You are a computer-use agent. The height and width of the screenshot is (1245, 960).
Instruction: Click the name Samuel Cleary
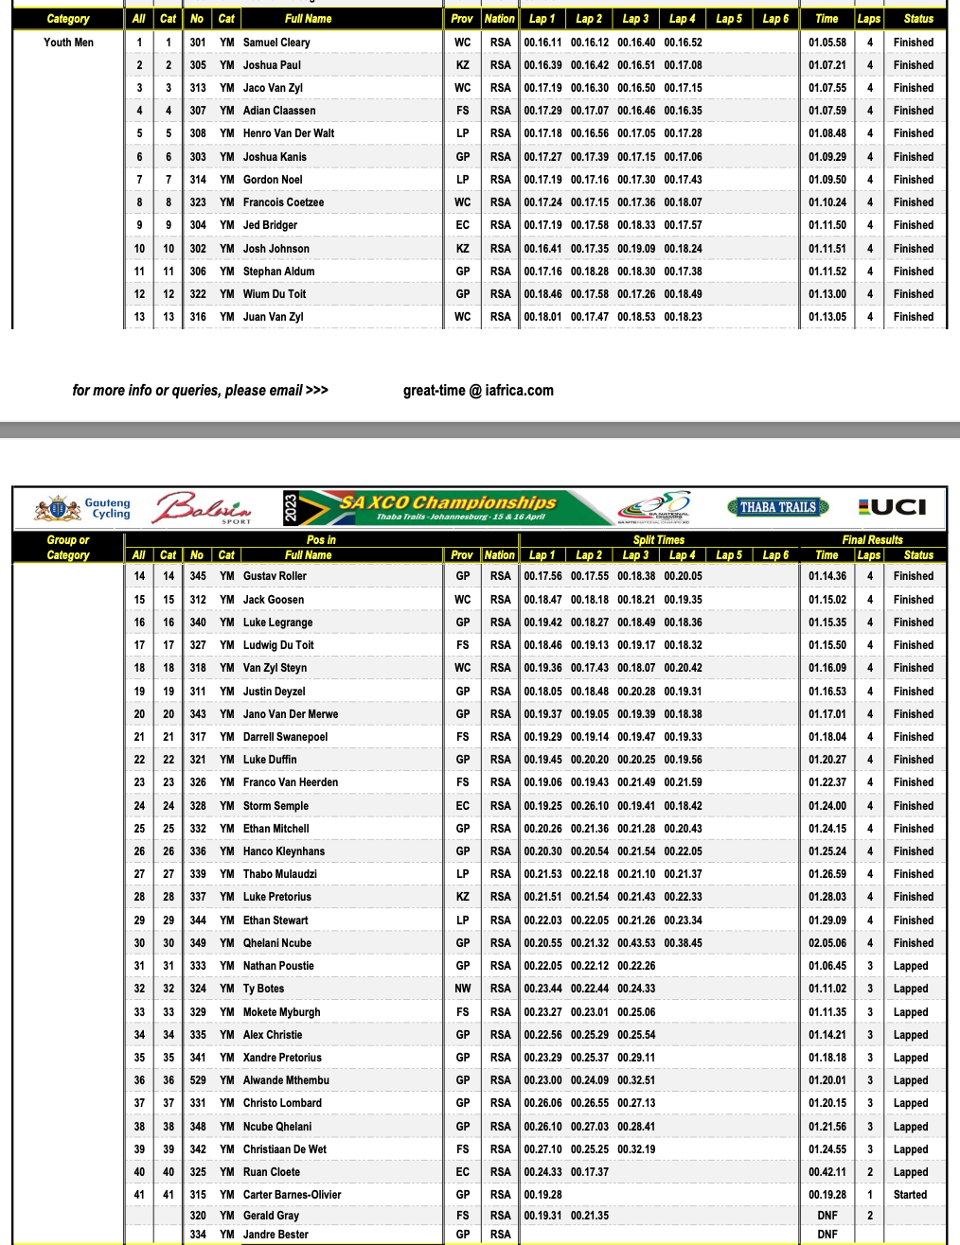[x=276, y=43]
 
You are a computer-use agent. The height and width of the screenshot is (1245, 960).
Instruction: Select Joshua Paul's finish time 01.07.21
[x=827, y=65]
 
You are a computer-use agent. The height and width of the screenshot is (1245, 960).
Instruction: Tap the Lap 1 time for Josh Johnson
[x=542, y=249]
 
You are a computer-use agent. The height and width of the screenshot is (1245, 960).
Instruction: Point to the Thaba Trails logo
[x=778, y=507]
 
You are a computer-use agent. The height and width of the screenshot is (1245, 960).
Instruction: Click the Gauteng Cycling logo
[x=83, y=509]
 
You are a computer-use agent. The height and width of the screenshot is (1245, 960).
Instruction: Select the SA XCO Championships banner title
[x=448, y=503]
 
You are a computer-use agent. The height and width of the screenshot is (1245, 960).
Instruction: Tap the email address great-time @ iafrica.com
[x=478, y=391]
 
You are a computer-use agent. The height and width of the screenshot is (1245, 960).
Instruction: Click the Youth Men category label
[x=69, y=43]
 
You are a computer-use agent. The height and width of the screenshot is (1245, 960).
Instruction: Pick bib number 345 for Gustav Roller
[x=197, y=576]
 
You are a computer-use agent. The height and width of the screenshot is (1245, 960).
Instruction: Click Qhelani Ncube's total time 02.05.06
[x=827, y=943]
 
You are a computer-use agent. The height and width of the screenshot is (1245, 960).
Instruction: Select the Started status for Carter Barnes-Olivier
[x=910, y=1195]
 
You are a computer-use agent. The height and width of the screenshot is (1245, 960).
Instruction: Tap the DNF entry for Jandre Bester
[x=827, y=1235]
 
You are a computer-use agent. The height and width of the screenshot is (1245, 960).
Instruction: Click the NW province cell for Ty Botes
[x=462, y=989]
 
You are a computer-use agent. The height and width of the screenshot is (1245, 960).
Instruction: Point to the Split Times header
[x=658, y=540]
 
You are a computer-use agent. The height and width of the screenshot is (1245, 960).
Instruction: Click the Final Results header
[x=872, y=540]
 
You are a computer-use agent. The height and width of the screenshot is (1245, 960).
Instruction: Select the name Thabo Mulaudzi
[x=280, y=874]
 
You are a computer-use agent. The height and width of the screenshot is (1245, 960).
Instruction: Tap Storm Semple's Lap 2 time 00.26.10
[x=589, y=806]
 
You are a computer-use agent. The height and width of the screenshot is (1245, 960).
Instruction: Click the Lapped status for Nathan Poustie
[x=910, y=966]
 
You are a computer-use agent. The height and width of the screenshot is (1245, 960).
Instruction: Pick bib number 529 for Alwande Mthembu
[x=197, y=1080]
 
